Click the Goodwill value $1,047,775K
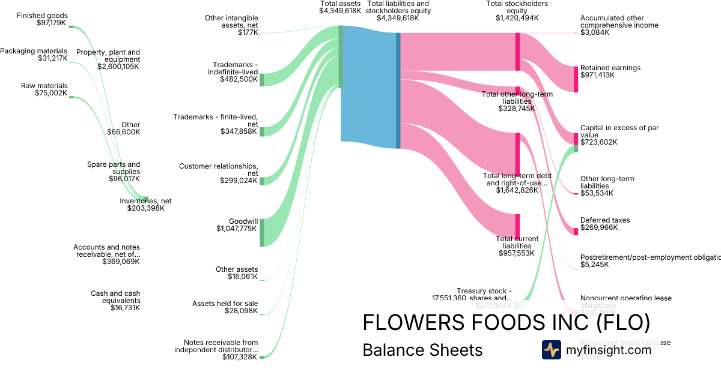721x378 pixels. coord(237,229)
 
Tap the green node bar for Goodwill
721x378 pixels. coord(261,232)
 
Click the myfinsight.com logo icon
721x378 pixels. coord(551,350)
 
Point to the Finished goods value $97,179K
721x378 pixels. coord(52,23)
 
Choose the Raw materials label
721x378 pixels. coord(44,86)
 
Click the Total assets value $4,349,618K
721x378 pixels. coord(340,11)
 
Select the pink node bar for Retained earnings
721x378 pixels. coord(576,79)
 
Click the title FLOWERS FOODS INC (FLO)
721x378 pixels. coord(506,322)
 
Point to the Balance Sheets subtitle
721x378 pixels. coord(422,350)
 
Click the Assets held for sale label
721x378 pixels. coord(225,304)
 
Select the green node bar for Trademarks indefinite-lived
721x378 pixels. coord(261,80)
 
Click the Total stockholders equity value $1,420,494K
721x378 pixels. coord(517,18)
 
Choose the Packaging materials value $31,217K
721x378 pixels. coord(52,58)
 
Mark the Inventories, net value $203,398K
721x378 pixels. coord(145,208)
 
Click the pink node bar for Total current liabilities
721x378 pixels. coord(517,226)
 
